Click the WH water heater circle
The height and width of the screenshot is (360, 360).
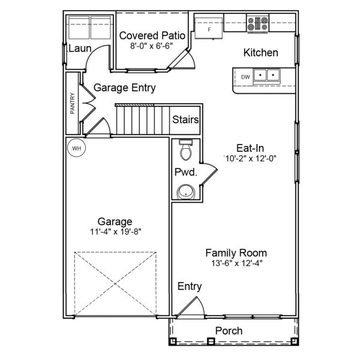76,148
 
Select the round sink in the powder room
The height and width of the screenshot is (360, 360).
186,192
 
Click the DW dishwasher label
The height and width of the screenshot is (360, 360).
245,77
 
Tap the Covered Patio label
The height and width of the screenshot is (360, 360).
151,35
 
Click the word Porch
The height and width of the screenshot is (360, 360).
229,331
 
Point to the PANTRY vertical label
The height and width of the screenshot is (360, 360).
73,103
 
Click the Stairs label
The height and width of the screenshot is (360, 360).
185,119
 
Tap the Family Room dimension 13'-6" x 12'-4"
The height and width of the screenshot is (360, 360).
236,262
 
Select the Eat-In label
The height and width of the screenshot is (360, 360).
250,148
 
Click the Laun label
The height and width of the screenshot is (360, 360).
79,48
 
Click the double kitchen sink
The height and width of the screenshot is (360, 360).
266,76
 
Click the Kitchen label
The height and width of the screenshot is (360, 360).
260,53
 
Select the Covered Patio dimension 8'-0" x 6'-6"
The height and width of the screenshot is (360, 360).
151,45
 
